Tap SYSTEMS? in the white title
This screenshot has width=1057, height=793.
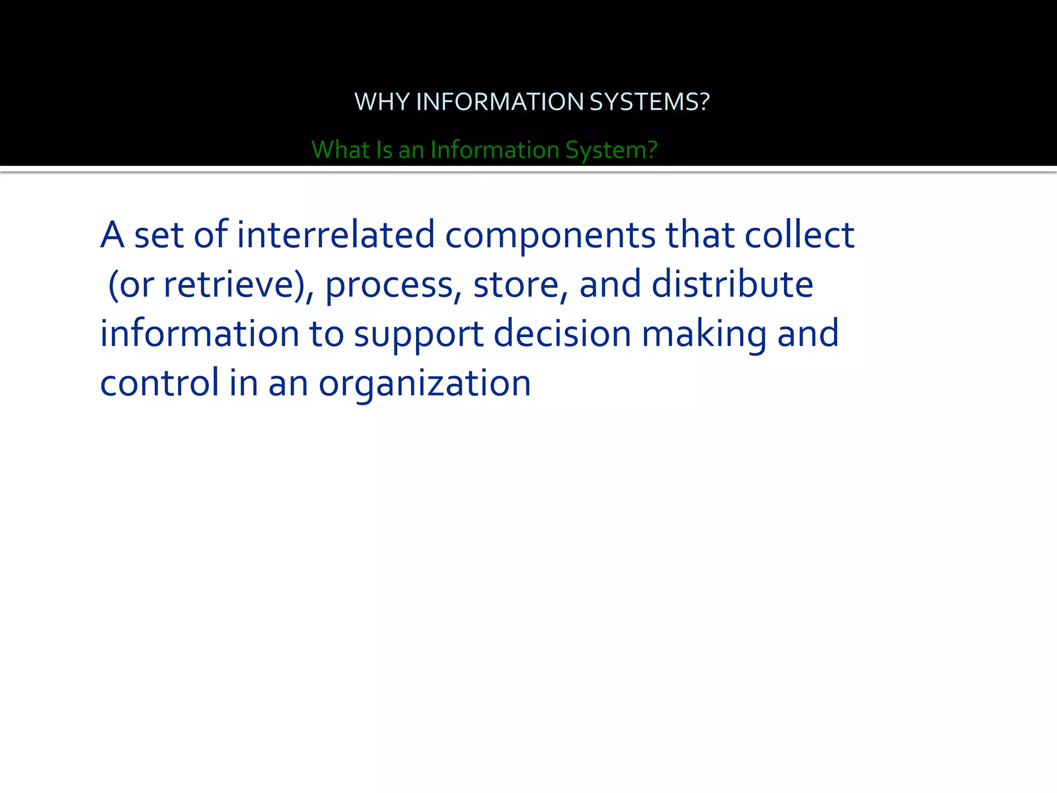649,102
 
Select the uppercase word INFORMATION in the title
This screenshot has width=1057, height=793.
500,102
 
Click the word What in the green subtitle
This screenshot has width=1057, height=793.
341,150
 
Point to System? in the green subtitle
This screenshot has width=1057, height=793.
611,150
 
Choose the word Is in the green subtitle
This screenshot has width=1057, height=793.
384,150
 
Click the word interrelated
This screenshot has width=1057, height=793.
336,235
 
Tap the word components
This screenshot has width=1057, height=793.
550,235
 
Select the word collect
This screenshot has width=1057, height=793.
799,235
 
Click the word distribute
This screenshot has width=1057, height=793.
732,284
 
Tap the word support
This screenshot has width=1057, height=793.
419,334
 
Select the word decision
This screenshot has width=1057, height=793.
563,334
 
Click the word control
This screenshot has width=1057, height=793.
159,383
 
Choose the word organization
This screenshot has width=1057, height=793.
425,383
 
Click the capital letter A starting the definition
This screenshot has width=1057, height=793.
113,235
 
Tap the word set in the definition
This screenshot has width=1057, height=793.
159,235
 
